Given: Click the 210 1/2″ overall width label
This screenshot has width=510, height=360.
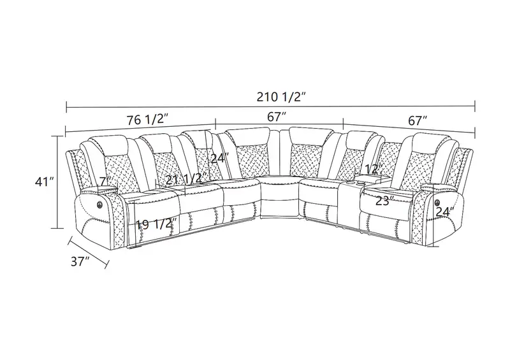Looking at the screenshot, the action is point(281,97).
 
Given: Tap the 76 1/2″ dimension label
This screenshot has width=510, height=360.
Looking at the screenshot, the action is point(147,120).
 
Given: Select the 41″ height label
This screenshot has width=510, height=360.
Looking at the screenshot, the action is point(44,182).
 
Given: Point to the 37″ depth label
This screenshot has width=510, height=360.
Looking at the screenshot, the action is point(80,261).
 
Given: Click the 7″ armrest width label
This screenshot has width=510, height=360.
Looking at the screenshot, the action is point(105,181).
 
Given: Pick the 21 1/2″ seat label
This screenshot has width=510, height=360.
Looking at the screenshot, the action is point(186,179).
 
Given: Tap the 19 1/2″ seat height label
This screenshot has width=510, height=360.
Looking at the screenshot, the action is point(156,224).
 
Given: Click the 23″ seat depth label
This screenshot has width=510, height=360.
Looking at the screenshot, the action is point(384,201).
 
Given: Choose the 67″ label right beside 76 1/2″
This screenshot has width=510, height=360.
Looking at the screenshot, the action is point(277,117).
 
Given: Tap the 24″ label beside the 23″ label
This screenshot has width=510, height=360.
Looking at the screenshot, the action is point(444,212).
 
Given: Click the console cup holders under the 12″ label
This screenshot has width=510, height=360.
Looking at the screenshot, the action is point(358,184).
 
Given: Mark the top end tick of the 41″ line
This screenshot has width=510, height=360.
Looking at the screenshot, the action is point(58,136).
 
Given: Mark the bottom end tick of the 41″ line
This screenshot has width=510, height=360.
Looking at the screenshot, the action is point(58,228).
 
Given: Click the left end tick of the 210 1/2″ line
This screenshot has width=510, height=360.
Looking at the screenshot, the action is point(67,106).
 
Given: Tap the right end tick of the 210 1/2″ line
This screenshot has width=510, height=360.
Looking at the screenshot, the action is point(475,106).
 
